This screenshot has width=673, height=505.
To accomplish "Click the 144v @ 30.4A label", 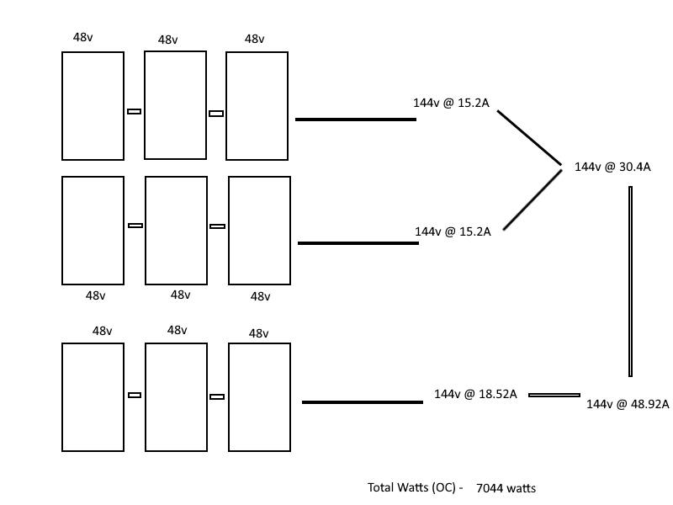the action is pos(612,167).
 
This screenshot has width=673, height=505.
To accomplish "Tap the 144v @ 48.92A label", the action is pos(628,404).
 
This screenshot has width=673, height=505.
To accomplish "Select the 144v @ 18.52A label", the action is pos(475,394).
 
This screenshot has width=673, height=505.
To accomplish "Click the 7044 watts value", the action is pos(506,488).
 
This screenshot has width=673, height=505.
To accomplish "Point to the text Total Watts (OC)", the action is pos(411,487).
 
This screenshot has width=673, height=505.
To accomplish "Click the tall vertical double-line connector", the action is pos(630,281).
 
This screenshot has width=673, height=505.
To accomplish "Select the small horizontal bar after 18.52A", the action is pos(554,395).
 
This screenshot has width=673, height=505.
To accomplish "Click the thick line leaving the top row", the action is pos(356,120).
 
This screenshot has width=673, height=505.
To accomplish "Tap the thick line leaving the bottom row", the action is pos(363,402).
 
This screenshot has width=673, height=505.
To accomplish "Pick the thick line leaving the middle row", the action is pos(358,243).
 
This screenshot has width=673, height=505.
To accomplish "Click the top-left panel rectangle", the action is pos(61,106).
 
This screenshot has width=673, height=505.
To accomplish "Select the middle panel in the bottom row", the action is pos(145,397).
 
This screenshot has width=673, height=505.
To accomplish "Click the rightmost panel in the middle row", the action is pos(228,231).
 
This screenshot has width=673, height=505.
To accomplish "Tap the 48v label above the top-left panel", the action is pos(82,37).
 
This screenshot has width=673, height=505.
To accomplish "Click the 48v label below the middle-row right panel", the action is pos(261,296).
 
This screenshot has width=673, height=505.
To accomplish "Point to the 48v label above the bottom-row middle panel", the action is pos(178,330).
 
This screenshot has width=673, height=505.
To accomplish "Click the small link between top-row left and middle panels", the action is pos(134,112).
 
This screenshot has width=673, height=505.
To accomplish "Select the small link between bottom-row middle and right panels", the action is pos(217,396).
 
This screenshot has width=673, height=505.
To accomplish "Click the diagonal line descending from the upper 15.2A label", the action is pos(530,138).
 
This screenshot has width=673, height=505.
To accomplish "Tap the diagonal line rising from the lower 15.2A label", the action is pos(533,199).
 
